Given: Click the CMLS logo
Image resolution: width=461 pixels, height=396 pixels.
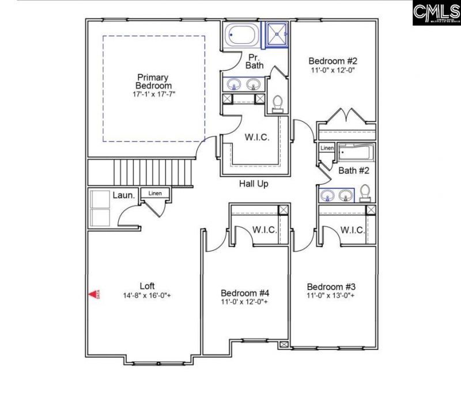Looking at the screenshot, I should (436, 13).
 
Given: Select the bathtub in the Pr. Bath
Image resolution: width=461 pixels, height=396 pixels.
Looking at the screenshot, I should (242, 36).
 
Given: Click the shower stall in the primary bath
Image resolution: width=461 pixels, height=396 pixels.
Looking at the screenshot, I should (277, 34).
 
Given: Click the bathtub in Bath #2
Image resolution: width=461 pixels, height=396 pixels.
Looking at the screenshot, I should (356, 153).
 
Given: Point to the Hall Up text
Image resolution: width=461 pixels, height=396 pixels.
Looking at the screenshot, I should (254, 184).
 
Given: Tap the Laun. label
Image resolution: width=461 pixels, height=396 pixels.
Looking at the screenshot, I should (123, 195).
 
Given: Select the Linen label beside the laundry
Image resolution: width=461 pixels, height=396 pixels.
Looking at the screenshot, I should (154, 193).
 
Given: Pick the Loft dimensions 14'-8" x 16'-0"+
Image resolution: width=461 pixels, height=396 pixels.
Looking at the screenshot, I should (147, 295).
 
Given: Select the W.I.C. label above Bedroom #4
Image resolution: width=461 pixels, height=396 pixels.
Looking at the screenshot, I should (264, 230).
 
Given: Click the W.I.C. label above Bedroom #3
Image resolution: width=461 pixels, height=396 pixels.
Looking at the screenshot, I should (352, 230).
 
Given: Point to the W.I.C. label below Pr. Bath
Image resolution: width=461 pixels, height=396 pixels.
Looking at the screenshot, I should (256, 138).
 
